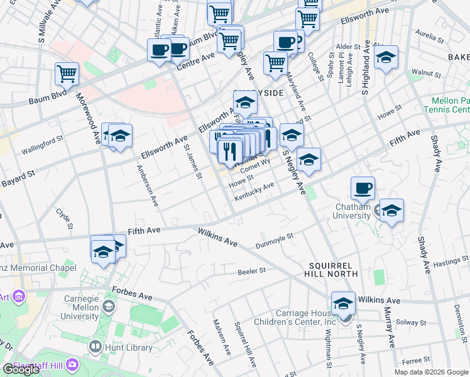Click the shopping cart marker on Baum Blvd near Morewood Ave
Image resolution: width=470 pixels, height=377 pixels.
67,74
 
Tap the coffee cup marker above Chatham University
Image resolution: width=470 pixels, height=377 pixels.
363,187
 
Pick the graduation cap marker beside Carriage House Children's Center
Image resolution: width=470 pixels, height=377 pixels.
343,303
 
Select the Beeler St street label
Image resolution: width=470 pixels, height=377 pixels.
252,271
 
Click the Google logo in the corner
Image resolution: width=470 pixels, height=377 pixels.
21,369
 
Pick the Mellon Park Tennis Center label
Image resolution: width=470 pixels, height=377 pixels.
450,105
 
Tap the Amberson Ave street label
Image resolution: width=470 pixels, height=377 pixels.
148,187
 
